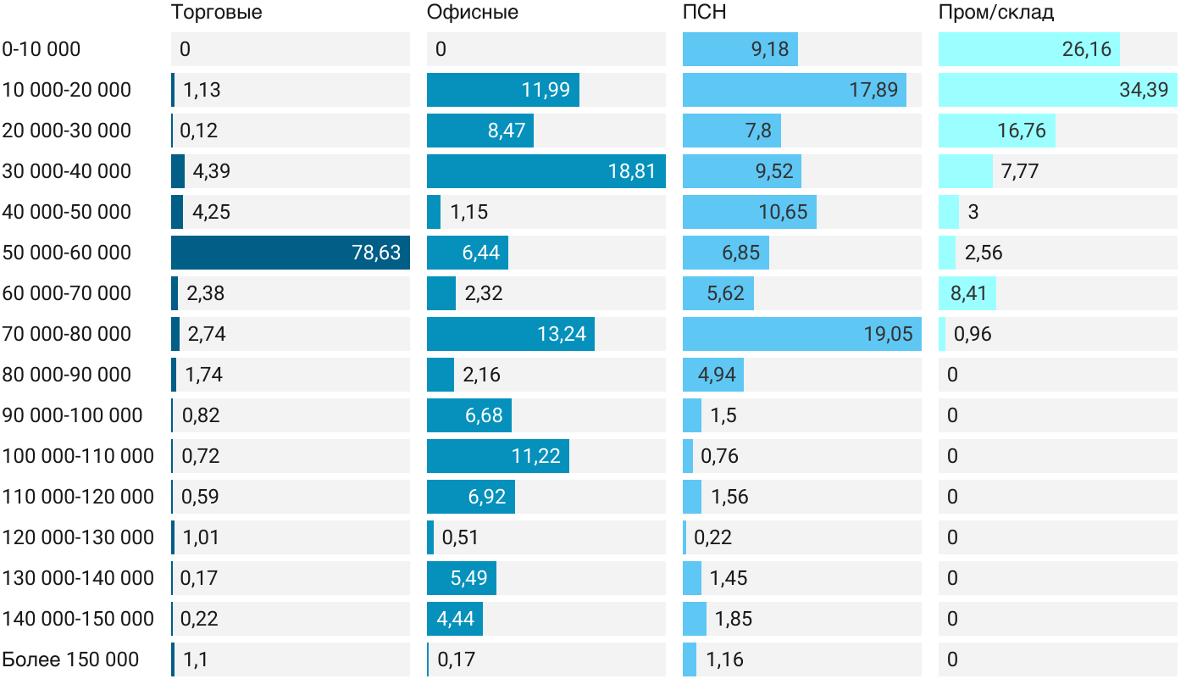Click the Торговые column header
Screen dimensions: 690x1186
tap(217, 13)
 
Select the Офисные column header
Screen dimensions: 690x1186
tap(473, 13)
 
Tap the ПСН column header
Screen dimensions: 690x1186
tap(705, 13)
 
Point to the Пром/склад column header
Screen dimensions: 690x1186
tap(996, 13)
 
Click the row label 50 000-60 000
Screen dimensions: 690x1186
tap(67, 253)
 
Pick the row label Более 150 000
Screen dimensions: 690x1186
tap(70, 659)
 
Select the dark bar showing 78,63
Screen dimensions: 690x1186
tap(291, 253)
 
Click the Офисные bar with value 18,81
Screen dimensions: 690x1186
tap(546, 171)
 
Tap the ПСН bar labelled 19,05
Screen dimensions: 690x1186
tap(801, 334)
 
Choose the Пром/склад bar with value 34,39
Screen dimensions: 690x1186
tap(1057, 90)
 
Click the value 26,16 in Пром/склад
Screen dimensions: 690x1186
tap(1087, 49)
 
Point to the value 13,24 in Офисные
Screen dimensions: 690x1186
tap(562, 334)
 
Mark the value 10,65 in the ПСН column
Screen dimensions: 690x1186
tap(783, 212)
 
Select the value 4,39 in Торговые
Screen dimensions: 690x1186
tap(212, 171)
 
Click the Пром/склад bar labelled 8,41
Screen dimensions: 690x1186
tap(967, 293)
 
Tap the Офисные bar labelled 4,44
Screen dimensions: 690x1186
tap(455, 619)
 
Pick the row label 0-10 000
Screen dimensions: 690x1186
tap(42, 49)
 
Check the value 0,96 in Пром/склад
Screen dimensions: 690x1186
tap(973, 334)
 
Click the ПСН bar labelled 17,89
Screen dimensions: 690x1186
tap(795, 90)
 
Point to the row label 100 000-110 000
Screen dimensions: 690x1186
tap(78, 456)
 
